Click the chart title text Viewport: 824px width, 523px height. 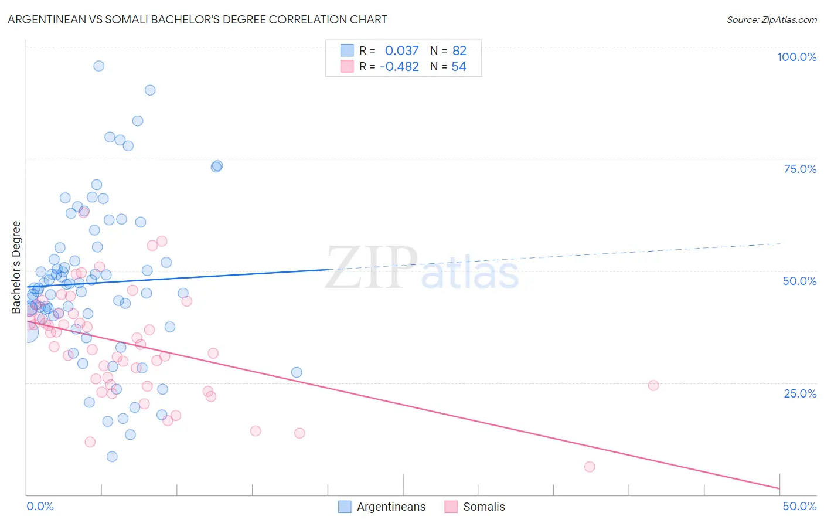pyautogui.click(x=197, y=19)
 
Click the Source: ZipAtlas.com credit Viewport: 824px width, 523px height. pyautogui.click(x=771, y=19)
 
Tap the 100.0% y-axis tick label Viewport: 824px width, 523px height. pyautogui.click(x=796, y=57)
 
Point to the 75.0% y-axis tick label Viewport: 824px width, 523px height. pyautogui.click(x=800, y=169)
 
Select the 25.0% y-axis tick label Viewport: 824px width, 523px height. pyautogui.click(x=800, y=393)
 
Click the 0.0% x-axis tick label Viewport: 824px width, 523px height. pyautogui.click(x=40, y=506)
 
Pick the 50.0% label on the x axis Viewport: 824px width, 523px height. pyautogui.click(x=799, y=506)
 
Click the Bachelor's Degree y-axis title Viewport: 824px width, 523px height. pyautogui.click(x=16, y=267)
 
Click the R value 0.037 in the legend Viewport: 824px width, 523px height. pyautogui.click(x=401, y=50)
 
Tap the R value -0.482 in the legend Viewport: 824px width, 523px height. pyautogui.click(x=399, y=67)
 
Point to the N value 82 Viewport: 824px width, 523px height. pyautogui.click(x=459, y=50)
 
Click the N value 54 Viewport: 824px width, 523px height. pyautogui.click(x=458, y=67)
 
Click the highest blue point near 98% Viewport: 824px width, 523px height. pyautogui.click(x=99, y=66)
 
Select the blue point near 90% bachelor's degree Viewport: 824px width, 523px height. pyautogui.click(x=150, y=90)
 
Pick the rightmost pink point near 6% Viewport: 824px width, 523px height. pyautogui.click(x=590, y=467)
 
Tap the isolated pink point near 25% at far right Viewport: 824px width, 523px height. pyautogui.click(x=653, y=385)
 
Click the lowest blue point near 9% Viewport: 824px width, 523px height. pyautogui.click(x=112, y=457)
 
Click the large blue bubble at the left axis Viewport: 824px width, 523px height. pyautogui.click(x=28, y=332)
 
